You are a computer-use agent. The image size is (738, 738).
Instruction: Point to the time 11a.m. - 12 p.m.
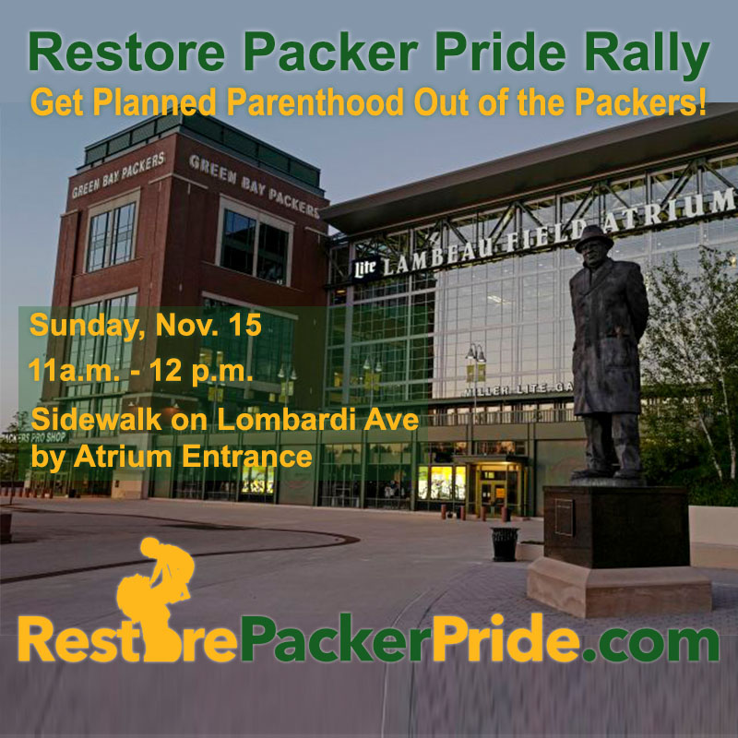pyautogui.click(x=141, y=374)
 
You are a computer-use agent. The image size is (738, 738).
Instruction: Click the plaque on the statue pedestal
pyautogui.click(x=563, y=517)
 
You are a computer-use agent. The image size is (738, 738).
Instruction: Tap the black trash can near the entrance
pyautogui.click(x=505, y=543)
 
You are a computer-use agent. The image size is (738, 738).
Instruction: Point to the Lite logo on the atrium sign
pyautogui.click(x=365, y=268)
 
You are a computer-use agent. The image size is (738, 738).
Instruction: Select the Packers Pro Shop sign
pyautogui.click(x=32, y=435)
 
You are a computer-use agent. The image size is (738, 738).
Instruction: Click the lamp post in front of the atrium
pyautogui.click(x=475, y=387)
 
